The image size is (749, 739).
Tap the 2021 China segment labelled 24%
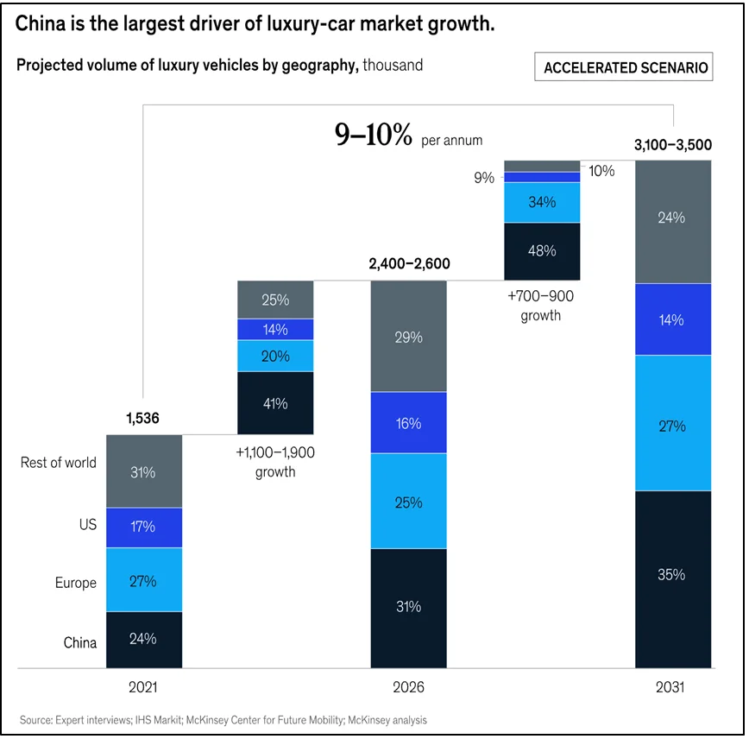click(x=144, y=639)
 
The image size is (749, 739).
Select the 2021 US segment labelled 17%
click(x=144, y=527)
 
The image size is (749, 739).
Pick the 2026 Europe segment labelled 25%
click(x=409, y=501)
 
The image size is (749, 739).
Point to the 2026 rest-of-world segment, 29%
click(x=409, y=337)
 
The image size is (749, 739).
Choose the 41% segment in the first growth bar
click(x=276, y=402)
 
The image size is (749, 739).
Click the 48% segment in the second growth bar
click(x=542, y=251)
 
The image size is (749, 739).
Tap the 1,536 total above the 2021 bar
click(x=144, y=419)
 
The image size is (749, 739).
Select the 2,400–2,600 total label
click(x=409, y=263)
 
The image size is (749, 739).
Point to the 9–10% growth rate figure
click(x=374, y=135)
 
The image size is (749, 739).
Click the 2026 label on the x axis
click(x=409, y=689)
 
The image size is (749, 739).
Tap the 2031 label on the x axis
click(x=673, y=689)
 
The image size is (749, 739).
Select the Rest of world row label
click(x=59, y=463)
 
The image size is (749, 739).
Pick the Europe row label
click(x=76, y=583)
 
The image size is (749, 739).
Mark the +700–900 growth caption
click(x=541, y=305)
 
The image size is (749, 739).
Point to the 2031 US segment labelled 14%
click(x=673, y=319)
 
